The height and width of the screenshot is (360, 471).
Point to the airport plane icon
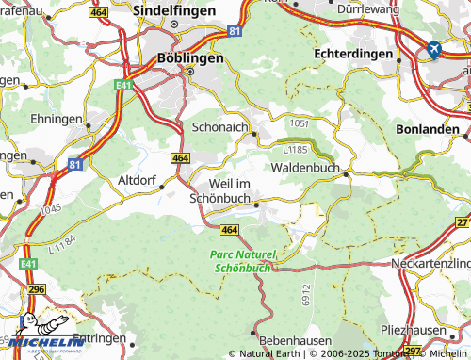(x=434, y=49)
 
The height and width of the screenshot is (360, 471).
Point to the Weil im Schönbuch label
(x=221, y=191)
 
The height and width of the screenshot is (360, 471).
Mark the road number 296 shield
(x=36, y=290)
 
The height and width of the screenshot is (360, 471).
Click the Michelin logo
(x=39, y=344)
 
